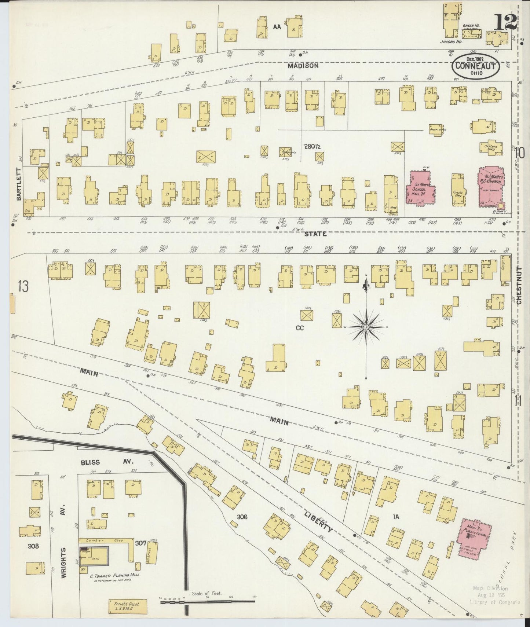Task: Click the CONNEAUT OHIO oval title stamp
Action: click(476, 66)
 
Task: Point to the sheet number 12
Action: click(505, 23)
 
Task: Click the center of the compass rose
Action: click(366, 326)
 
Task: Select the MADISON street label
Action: click(303, 66)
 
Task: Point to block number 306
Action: click(242, 517)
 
